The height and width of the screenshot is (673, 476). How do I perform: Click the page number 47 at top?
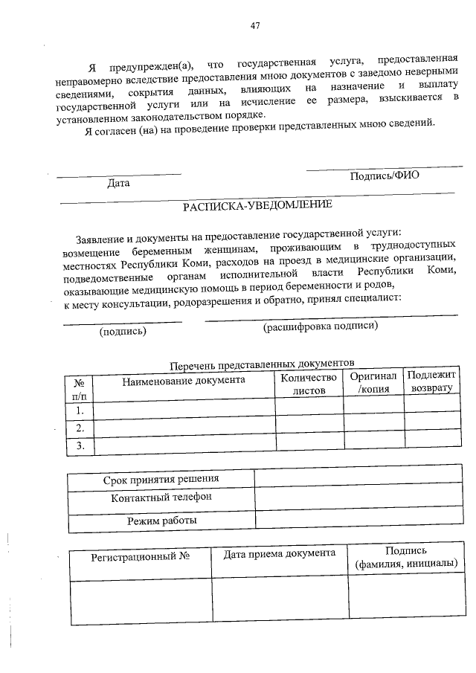click(x=255, y=26)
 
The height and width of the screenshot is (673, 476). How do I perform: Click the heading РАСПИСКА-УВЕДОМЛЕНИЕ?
click(x=257, y=205)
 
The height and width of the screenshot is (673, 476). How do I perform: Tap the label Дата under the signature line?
click(x=118, y=183)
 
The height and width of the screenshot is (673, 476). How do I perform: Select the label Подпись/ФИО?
click(x=385, y=176)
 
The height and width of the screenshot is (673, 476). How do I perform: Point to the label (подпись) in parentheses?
click(x=123, y=332)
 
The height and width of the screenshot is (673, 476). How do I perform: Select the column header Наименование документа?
click(x=183, y=380)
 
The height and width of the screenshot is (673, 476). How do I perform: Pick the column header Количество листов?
click(x=309, y=384)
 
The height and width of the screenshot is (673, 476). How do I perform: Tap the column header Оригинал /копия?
click(x=373, y=383)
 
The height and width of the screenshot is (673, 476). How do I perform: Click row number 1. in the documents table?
click(x=80, y=410)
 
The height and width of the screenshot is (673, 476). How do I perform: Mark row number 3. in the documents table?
click(x=80, y=445)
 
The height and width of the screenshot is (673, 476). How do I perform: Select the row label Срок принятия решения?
click(x=161, y=479)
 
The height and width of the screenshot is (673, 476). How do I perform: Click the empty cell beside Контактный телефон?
click(x=356, y=498)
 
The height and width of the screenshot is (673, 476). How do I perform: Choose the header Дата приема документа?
click(x=280, y=553)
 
